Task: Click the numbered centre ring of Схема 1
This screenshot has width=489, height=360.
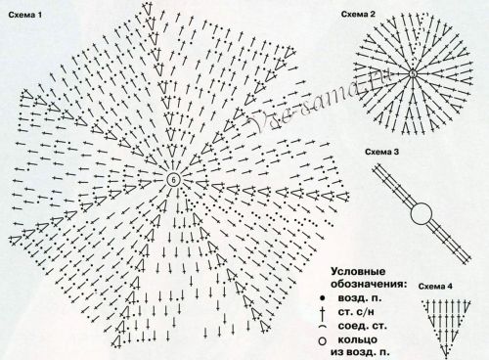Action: pos(173,181)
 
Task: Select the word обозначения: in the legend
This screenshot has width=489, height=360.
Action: pos(364,283)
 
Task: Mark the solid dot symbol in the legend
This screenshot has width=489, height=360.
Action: pos(320,296)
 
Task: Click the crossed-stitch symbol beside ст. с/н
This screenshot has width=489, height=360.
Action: pos(321,310)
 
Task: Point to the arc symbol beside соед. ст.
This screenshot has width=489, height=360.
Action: pos(321,325)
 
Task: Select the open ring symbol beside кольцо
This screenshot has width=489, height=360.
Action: pos(321,339)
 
